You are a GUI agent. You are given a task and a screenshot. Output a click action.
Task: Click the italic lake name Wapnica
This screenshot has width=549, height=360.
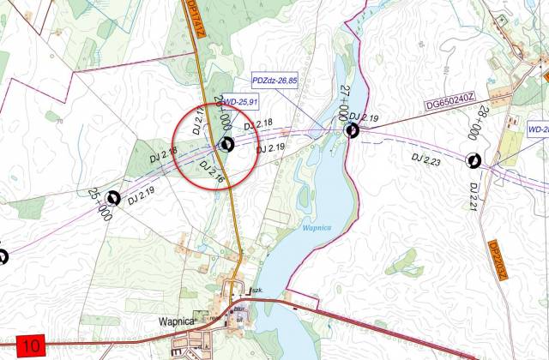(315, 229)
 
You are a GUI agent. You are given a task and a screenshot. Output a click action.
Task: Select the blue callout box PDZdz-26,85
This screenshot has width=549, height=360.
(274, 81)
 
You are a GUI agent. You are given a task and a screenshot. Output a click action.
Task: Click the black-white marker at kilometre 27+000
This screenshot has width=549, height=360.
(352, 130)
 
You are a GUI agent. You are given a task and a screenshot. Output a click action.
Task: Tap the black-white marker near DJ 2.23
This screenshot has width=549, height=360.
(473, 159)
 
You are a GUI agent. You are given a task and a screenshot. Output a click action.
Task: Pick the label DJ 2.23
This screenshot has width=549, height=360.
(425, 159)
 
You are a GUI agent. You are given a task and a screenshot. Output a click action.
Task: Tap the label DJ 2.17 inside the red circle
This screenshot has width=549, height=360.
(196, 124)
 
